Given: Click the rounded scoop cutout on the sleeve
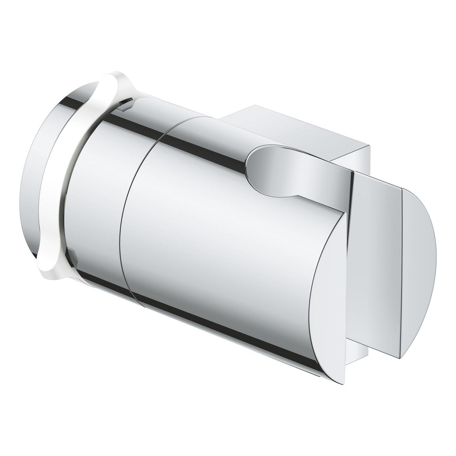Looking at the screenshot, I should click(x=274, y=170).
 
